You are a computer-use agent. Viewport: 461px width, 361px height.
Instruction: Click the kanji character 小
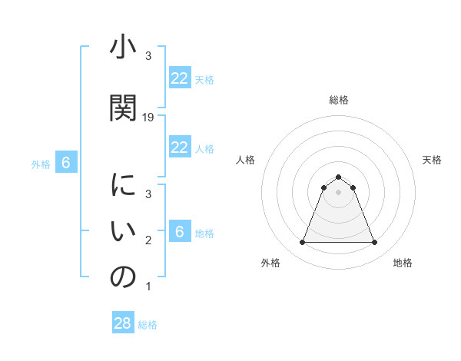122,49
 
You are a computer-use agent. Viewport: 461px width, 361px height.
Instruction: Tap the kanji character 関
122,108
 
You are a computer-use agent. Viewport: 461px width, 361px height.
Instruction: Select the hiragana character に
122,186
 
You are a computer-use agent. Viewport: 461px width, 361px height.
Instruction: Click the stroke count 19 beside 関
148,118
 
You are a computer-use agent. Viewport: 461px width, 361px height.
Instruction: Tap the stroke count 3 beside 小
148,56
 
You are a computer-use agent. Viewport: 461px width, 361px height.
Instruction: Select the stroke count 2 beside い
148,240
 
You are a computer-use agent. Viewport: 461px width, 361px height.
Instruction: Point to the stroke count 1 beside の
148,286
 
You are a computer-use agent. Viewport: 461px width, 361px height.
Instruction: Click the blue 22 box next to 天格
180,78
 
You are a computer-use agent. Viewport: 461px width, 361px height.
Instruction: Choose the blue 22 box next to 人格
180,147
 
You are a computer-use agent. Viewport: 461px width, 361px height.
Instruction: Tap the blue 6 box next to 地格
180,232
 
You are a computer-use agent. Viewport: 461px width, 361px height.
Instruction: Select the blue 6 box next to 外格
66,163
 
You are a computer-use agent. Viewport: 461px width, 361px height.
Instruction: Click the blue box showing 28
123,323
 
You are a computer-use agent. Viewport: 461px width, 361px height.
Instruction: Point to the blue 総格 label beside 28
148,325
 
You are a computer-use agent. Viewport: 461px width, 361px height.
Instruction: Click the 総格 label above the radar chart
338,100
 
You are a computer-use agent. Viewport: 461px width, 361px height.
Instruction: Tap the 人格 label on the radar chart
245,160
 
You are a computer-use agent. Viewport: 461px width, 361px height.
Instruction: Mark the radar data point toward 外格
302,243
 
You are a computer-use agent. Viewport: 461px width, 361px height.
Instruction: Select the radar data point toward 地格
374,243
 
